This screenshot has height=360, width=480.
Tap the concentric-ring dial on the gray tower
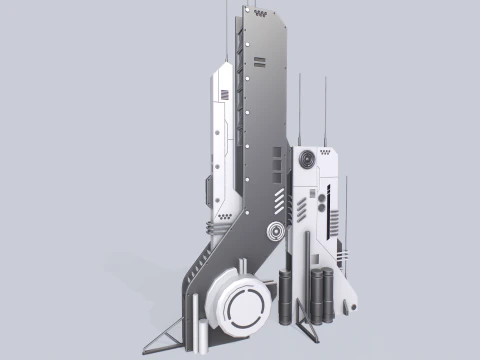click(x=274, y=233)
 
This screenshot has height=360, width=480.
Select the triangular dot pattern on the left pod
click(x=229, y=214)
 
